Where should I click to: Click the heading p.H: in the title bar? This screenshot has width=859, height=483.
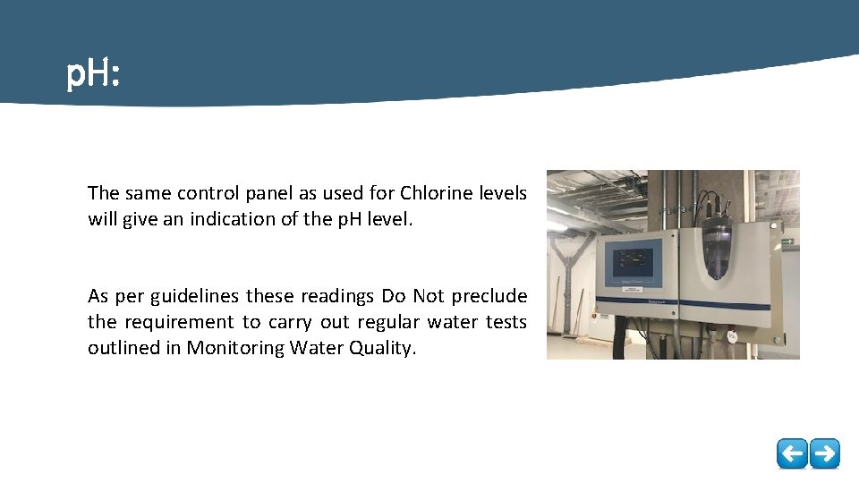(93, 76)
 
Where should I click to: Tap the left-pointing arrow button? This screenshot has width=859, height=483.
(792, 453)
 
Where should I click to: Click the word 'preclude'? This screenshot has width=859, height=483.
(489, 296)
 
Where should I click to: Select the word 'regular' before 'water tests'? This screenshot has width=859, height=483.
(384, 322)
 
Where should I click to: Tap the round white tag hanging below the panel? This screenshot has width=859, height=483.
(731, 336)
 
